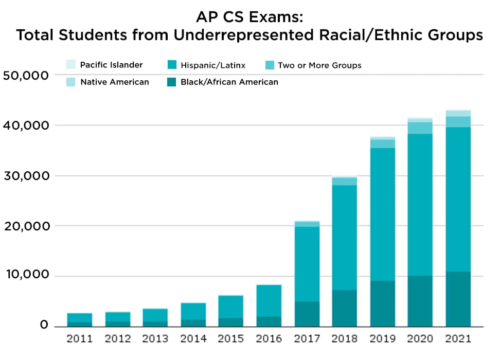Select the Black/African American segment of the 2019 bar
tap(382, 303)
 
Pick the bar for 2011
tap(80, 319)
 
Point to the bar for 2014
tap(193, 314)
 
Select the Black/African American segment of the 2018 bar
tap(344, 308)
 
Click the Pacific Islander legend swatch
tap(71, 65)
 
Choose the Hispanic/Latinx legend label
tap(213, 65)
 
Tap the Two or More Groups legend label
tap(319, 65)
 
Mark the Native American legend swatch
tap(71, 82)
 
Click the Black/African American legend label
tap(229, 82)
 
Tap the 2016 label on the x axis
tap(269, 339)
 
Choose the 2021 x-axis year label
tap(458, 339)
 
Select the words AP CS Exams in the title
tap(249, 17)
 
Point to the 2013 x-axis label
tap(155, 339)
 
